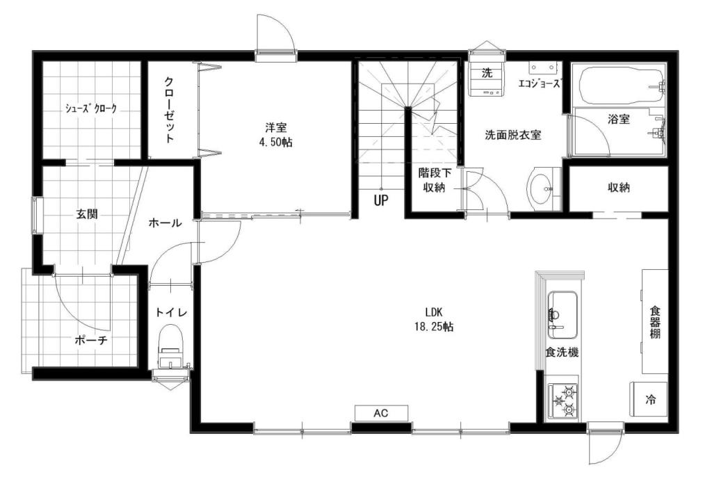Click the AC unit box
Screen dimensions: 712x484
tap(381, 413)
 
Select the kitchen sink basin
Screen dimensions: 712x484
tap(562, 315)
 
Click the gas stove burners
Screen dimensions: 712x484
tap(563, 401)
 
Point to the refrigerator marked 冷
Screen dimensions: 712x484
tap(649, 399)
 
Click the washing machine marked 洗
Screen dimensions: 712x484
tap(486, 81)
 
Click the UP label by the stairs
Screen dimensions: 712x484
tap(381, 200)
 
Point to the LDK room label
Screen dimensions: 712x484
tap(434, 312)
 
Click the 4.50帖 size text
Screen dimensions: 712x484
tap(275, 143)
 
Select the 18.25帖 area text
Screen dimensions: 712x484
tap(434, 326)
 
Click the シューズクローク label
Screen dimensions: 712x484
tap(91, 108)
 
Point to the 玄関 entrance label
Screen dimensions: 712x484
tap(87, 214)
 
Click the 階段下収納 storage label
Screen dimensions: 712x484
tap(435, 180)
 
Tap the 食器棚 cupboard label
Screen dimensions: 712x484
tap(654, 323)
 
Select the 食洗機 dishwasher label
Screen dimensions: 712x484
tap(562, 353)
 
